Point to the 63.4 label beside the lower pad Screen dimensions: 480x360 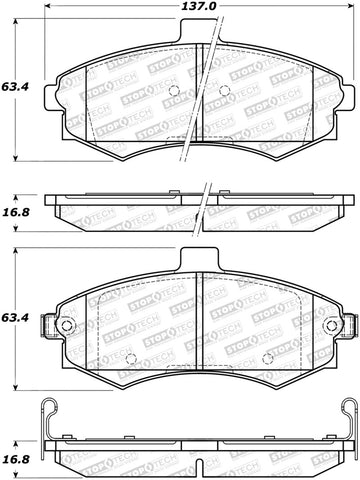point(13,318)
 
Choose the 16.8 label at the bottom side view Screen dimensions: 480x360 point(13,461)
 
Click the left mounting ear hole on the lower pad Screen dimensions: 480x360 point(66,326)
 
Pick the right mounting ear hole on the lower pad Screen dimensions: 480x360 point(347,326)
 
